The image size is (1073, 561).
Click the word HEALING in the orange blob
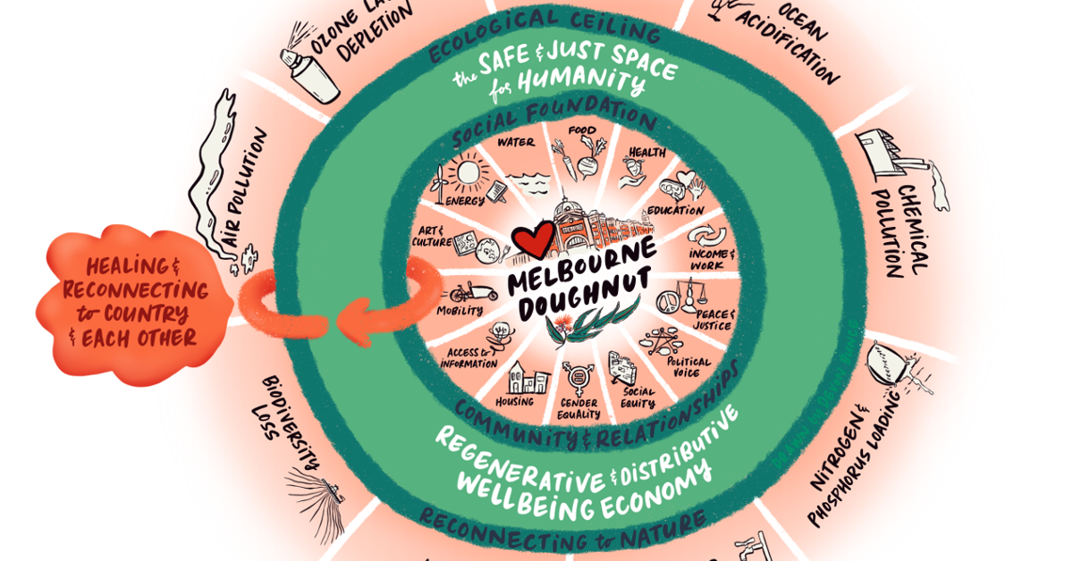click(126, 266)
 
